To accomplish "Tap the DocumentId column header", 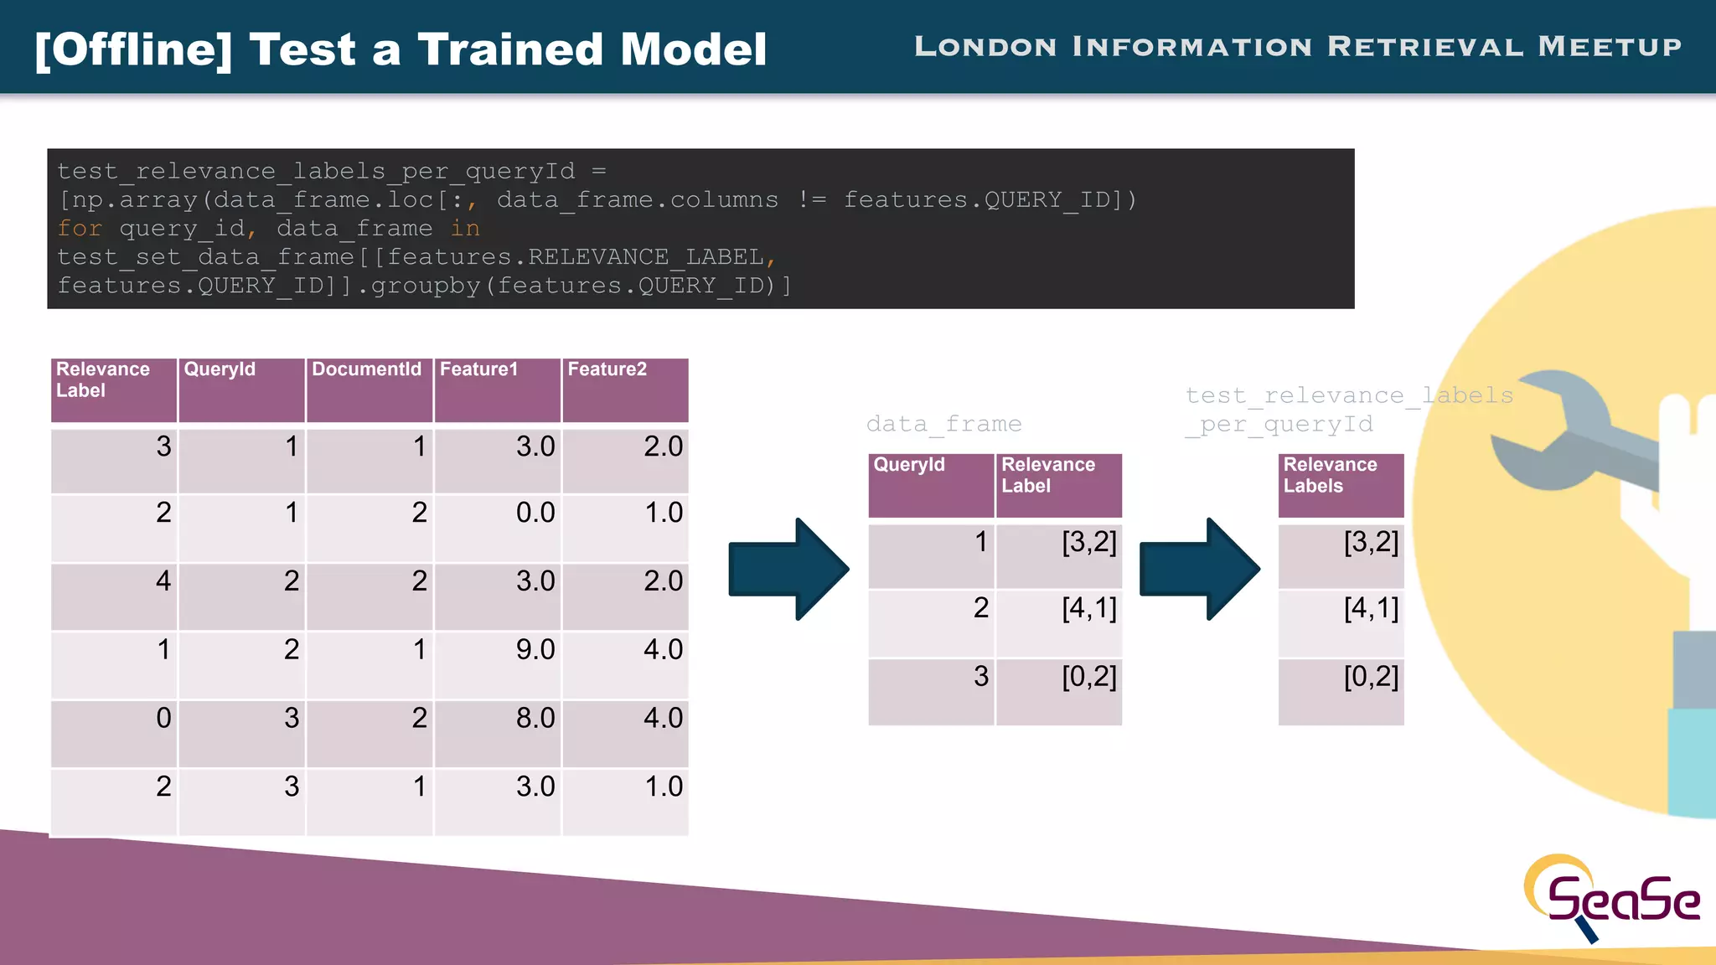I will (367, 369).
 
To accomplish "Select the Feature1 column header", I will (478, 369).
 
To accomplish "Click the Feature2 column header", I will (607, 369).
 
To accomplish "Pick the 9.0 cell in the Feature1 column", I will (535, 649).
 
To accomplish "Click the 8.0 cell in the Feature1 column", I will (535, 718).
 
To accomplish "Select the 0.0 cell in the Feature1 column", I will (535, 513).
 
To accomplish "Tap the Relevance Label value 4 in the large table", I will (163, 581).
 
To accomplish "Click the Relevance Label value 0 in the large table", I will (163, 718).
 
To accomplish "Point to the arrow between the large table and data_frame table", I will (788, 569).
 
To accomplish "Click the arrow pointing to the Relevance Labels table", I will (1199, 569).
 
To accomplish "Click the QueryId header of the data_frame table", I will (909, 465).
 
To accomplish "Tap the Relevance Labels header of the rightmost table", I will (1330, 475).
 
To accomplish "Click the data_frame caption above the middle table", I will (943, 424).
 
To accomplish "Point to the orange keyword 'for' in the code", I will (80, 229).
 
